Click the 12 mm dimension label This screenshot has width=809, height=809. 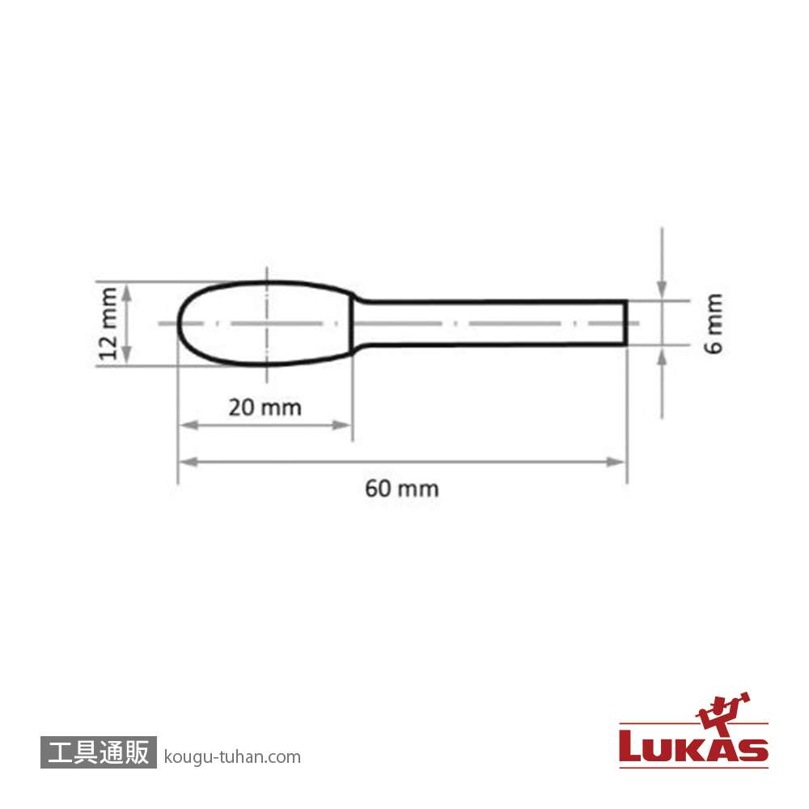point(108,324)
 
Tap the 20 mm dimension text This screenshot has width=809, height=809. point(265,408)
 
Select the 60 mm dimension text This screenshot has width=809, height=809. point(402,489)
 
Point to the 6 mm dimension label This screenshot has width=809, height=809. point(714,324)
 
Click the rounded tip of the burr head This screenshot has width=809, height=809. point(179,324)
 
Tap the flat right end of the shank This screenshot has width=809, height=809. point(626,323)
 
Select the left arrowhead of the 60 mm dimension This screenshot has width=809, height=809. point(188,462)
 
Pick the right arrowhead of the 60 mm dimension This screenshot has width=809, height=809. point(616,462)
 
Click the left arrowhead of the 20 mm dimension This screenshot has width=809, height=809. point(188,426)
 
